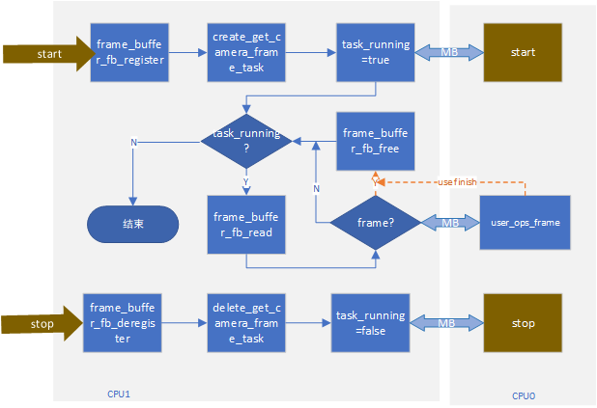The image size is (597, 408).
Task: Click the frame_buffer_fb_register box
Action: point(129,52)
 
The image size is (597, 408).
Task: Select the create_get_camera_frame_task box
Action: point(244,52)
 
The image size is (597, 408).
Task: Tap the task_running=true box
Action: point(375,52)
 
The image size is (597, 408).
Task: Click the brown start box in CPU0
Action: point(522,52)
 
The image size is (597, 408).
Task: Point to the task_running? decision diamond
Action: point(245,142)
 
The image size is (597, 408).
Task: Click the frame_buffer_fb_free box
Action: point(375,143)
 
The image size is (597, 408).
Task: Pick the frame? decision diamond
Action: point(376,223)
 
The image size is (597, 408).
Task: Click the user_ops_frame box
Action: point(526,223)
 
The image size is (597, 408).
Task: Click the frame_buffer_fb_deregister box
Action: point(122,322)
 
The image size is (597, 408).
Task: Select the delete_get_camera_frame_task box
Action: point(244,322)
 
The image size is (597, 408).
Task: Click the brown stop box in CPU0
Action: point(522,322)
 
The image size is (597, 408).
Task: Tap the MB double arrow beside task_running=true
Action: point(449,52)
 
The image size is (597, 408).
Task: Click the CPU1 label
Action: point(120,394)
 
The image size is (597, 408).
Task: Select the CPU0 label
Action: point(524,395)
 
